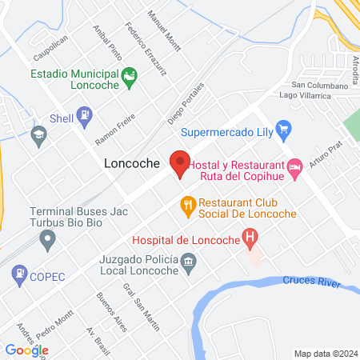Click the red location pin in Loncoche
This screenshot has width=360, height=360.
tap(180, 162)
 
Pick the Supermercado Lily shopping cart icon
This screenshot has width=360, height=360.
tap(282, 128)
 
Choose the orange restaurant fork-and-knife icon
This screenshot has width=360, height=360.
tap(188, 206)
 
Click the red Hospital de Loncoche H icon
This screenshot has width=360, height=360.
tap(251, 238)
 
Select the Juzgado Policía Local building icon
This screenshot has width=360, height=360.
tap(188, 261)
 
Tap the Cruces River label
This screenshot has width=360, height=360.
tap(312, 281)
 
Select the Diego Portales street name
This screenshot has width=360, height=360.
tap(186, 103)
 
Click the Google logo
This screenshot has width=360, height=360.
tap(26, 350)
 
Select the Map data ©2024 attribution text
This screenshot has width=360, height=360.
tap(324, 353)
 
